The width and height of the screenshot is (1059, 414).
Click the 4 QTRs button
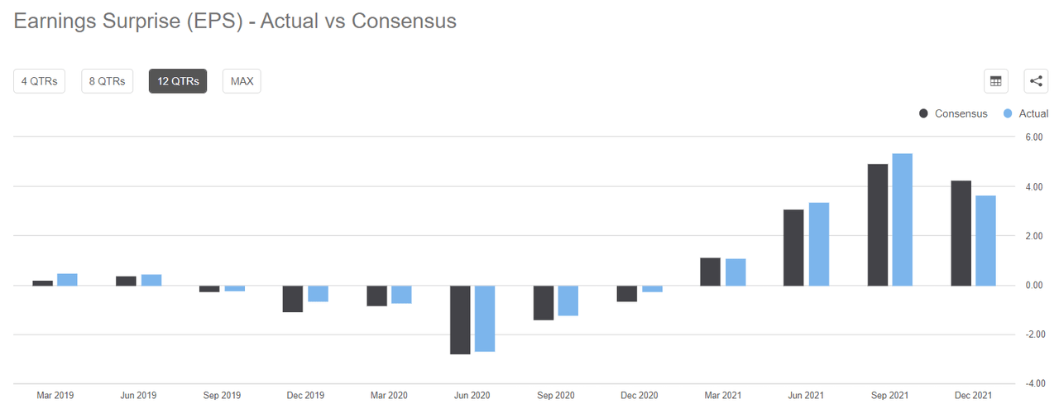coord(39,81)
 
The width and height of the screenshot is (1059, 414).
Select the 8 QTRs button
coord(107,81)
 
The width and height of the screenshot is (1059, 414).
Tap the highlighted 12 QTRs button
coord(178,81)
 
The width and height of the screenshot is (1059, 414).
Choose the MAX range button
coord(242,81)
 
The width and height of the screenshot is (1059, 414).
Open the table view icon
coord(995,81)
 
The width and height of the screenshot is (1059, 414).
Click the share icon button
coord(1036,81)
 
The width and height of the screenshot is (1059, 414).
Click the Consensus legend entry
coord(953,113)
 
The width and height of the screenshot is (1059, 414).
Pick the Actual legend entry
coord(1025,113)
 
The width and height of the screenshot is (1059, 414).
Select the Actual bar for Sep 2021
coord(902,219)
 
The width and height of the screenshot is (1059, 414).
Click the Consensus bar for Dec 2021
coord(961,233)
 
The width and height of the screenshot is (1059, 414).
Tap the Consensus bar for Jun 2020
coord(460,320)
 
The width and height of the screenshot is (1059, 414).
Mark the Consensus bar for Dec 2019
coord(293,299)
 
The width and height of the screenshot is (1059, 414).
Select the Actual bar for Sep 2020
coord(568,301)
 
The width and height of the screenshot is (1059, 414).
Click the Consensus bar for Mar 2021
coord(711,272)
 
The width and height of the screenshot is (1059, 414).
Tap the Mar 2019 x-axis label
coord(55,396)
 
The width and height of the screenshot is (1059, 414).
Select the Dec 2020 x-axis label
coord(640,396)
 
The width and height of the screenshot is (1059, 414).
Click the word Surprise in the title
coord(132,21)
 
